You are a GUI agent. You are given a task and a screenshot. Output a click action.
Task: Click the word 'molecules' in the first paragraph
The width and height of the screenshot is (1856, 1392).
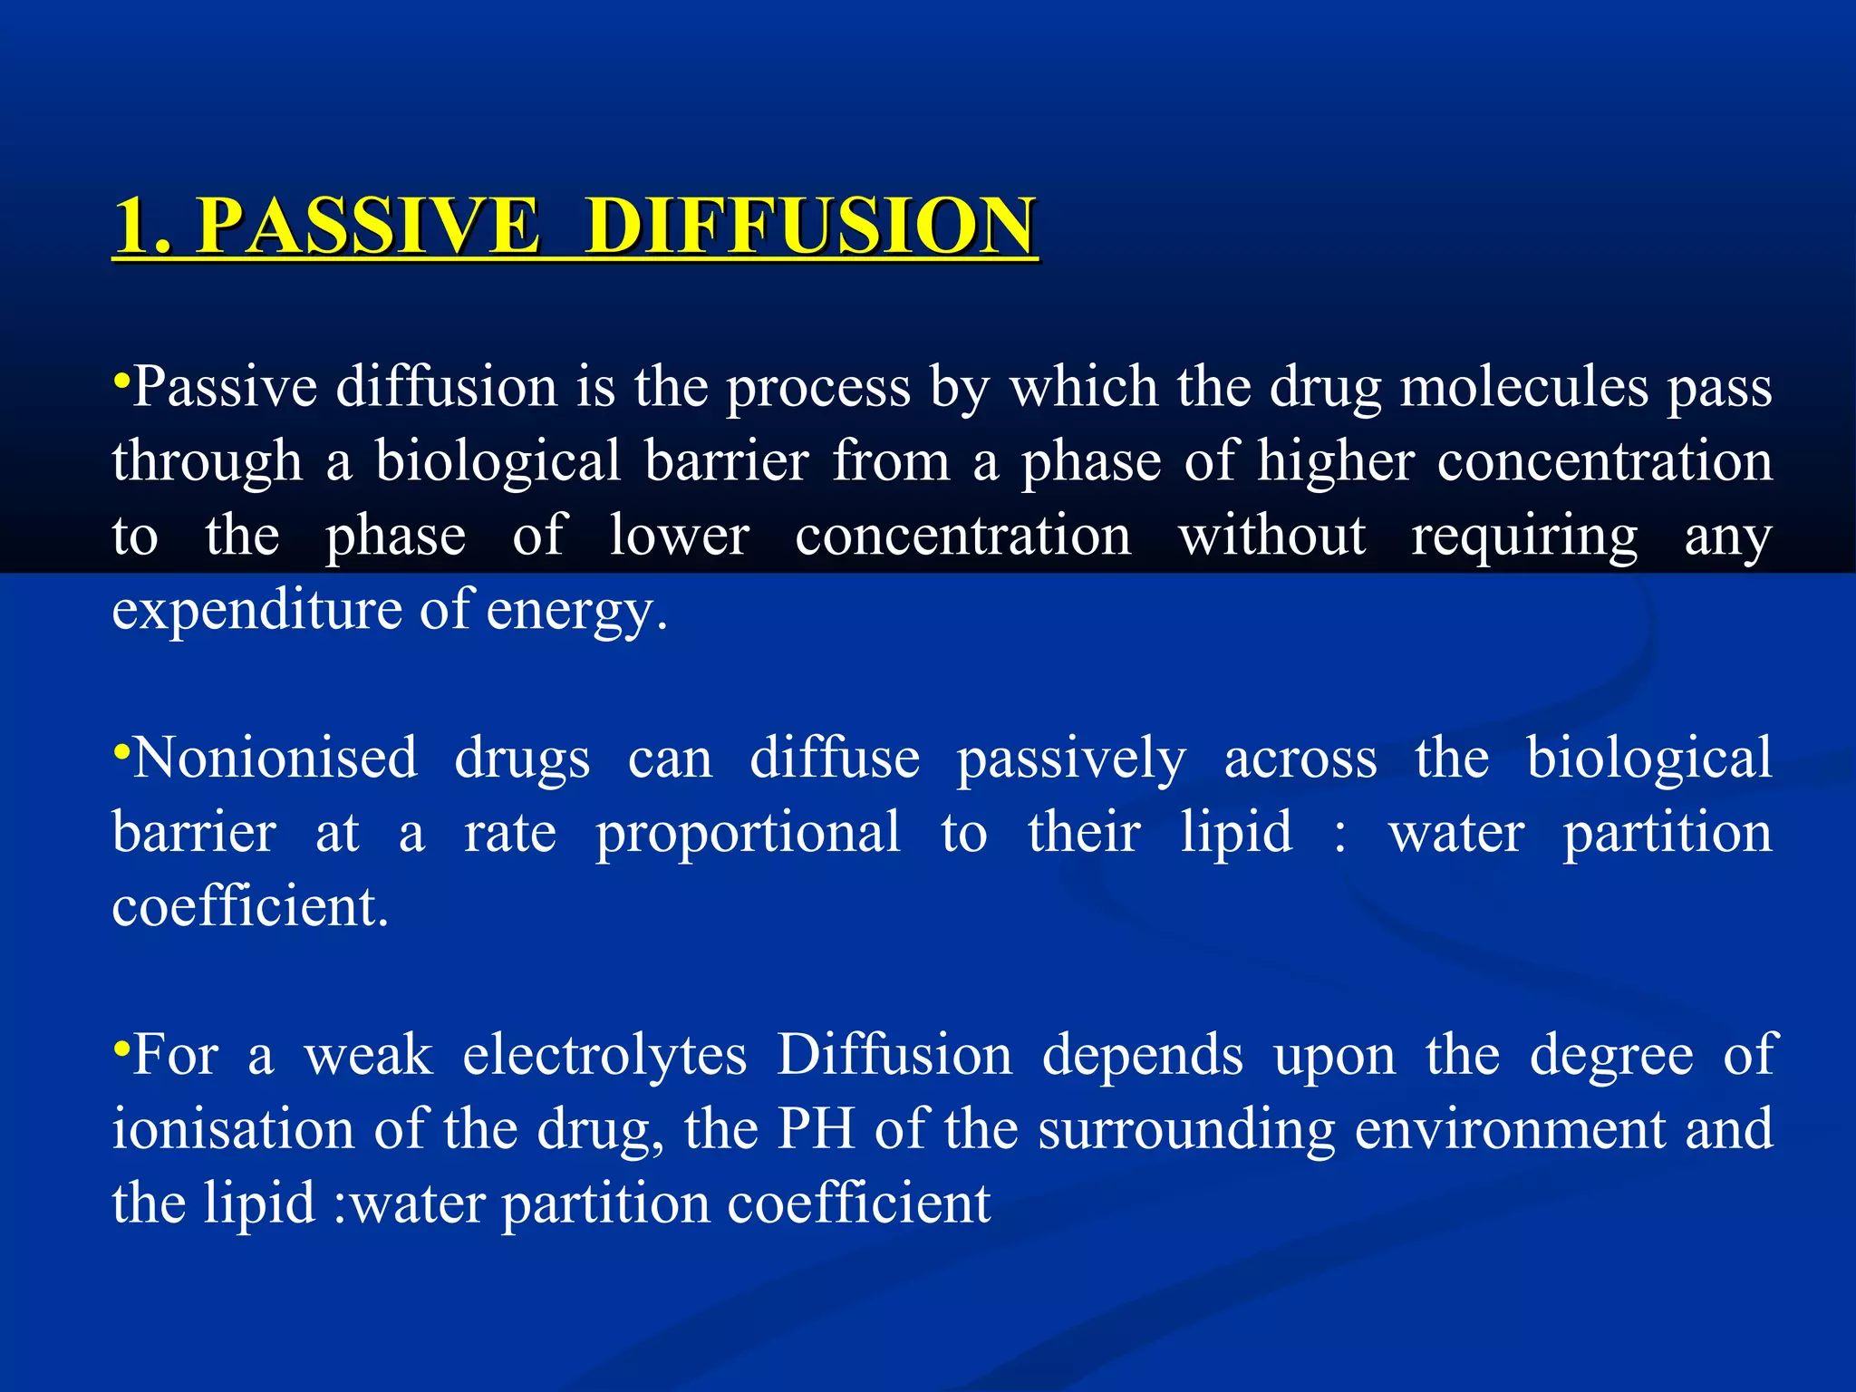(1523, 388)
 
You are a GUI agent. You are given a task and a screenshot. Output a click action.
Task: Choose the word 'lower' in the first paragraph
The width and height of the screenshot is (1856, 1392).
(679, 536)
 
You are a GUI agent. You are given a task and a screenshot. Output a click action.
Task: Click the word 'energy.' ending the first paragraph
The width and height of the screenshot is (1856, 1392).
(577, 611)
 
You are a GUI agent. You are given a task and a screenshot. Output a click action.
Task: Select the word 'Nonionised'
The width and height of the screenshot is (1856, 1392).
(275, 758)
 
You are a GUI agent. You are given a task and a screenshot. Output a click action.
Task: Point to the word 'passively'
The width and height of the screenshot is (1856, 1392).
(1071, 759)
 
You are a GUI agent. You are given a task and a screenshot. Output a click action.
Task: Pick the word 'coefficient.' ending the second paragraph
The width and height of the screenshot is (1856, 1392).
(250, 906)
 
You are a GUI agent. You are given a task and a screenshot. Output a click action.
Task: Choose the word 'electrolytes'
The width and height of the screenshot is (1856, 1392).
(604, 1057)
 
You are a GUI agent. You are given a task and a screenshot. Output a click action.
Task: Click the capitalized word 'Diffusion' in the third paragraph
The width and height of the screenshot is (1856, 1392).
(894, 1055)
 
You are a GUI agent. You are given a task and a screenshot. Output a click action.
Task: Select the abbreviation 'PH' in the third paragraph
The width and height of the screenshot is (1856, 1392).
(817, 1129)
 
